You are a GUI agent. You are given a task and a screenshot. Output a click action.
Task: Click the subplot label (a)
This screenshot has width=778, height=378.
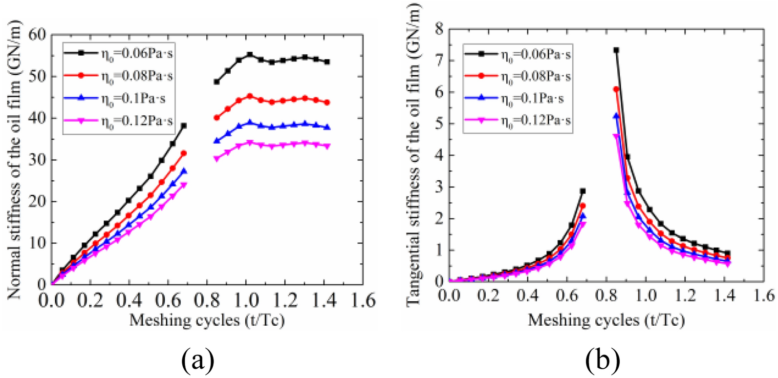pos(198,360)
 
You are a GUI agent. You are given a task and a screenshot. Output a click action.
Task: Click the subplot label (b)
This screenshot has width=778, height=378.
pos(603,360)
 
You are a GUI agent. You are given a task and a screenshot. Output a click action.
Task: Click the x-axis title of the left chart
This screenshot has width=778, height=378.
pos(207,320)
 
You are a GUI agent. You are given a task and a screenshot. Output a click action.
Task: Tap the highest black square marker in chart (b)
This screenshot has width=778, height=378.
pos(616,50)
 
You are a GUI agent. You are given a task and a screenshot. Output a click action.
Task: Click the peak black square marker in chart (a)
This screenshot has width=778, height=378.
pos(250,55)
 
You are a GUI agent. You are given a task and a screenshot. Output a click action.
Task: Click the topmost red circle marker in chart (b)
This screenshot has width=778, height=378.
pos(616,89)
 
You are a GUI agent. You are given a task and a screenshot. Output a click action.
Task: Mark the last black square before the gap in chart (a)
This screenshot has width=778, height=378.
pos(184,126)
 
